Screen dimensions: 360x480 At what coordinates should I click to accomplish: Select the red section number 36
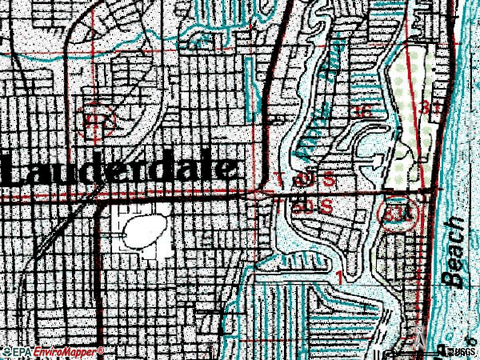click(362, 112)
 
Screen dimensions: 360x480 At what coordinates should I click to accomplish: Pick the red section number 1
click(341, 278)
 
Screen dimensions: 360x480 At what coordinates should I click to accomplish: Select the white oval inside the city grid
click(142, 229)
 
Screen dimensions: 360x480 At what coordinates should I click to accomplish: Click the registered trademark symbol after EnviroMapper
click(100, 350)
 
